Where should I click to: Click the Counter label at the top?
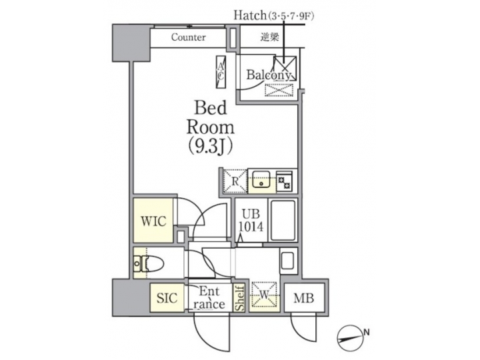point(188,37)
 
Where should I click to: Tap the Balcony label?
point(269,75)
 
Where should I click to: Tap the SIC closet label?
point(167,298)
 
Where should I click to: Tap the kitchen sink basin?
point(261,180)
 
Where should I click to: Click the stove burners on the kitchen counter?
point(285,181)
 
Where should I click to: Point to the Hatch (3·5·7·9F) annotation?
point(273,14)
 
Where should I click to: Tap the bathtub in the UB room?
point(284,220)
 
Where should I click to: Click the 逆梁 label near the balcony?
point(269,37)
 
